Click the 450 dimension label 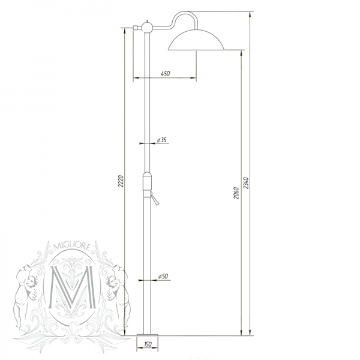point(166,74)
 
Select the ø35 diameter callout point(161,140)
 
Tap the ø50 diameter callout point(161,276)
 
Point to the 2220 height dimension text point(120,181)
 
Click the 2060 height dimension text point(236,193)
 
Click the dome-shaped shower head point(196,40)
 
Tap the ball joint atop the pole point(146,27)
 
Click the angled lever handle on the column point(155,200)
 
